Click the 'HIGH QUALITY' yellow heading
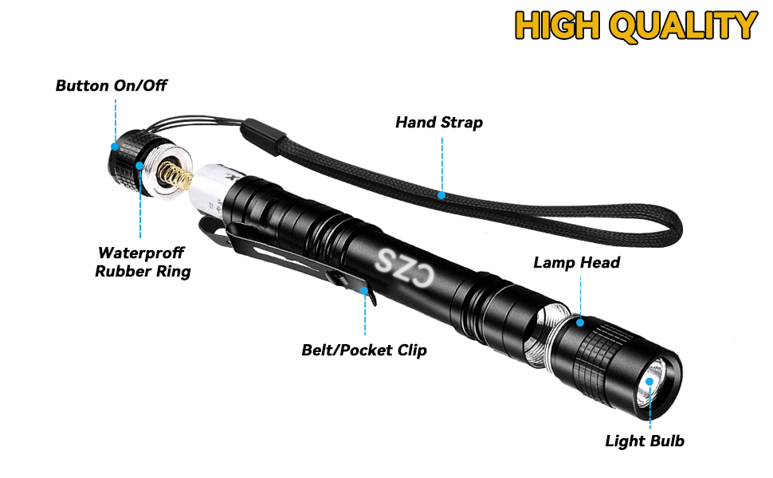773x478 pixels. click(635, 25)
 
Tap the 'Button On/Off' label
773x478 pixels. click(112, 85)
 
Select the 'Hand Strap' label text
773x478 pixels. click(439, 123)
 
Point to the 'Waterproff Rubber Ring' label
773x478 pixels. click(143, 262)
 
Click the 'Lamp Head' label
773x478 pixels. click(576, 262)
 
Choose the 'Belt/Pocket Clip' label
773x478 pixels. click(364, 350)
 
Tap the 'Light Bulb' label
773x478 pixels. click(645, 441)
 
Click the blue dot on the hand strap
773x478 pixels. click(442, 194)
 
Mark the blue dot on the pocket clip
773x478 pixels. click(365, 292)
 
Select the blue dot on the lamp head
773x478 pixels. click(581, 323)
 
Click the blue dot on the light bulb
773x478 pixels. click(650, 382)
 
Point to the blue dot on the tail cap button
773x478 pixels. click(116, 147)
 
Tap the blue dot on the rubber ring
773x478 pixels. click(140, 166)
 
